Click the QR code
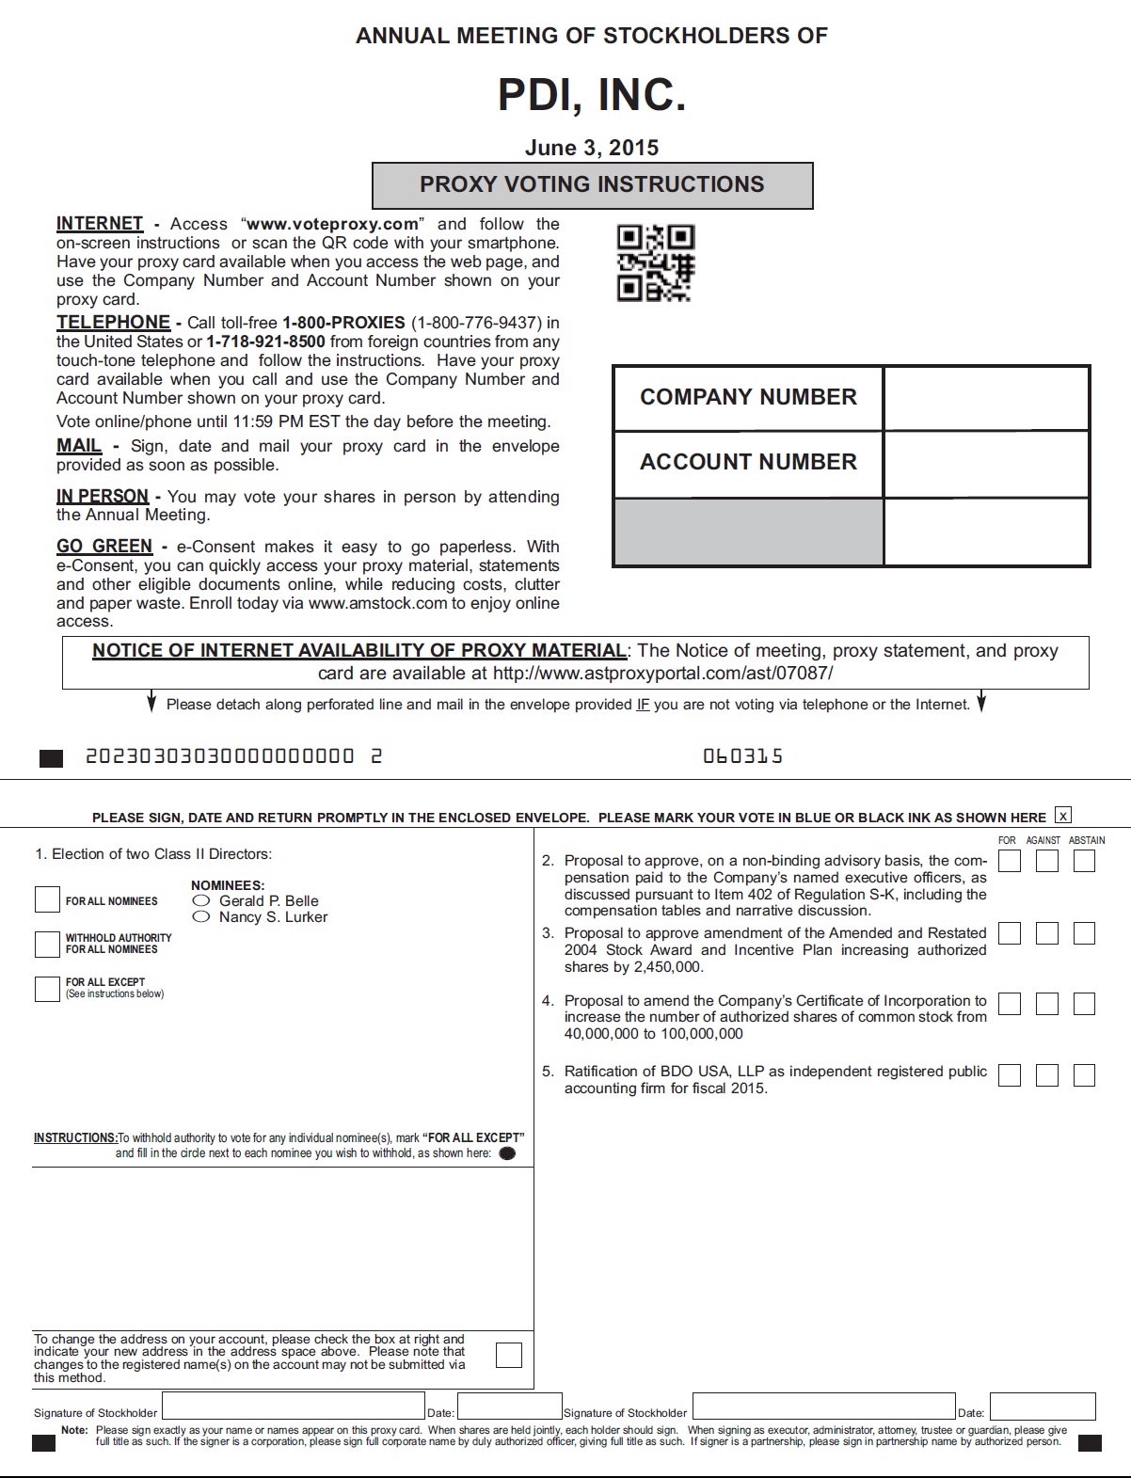tap(655, 263)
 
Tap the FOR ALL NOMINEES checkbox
tap(47, 900)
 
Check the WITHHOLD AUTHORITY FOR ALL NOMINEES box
tap(47, 944)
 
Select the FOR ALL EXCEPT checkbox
tap(47, 989)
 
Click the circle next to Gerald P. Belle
tap(201, 900)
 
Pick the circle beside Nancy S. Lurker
tap(201, 916)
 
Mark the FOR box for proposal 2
tap(1010, 861)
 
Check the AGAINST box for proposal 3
tap(1047, 933)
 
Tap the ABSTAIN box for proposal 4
tap(1084, 1004)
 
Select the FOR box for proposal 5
tap(1010, 1075)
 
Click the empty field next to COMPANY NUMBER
tap(986, 398)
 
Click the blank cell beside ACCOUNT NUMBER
tap(986, 464)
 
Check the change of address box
tap(509, 1355)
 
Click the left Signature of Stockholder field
tap(294, 1406)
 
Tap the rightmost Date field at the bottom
tap(1043, 1406)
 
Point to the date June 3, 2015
tap(592, 148)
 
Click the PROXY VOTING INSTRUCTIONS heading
tap(592, 184)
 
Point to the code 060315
tap(742, 756)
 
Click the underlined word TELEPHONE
tap(113, 323)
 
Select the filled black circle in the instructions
tap(507, 1153)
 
